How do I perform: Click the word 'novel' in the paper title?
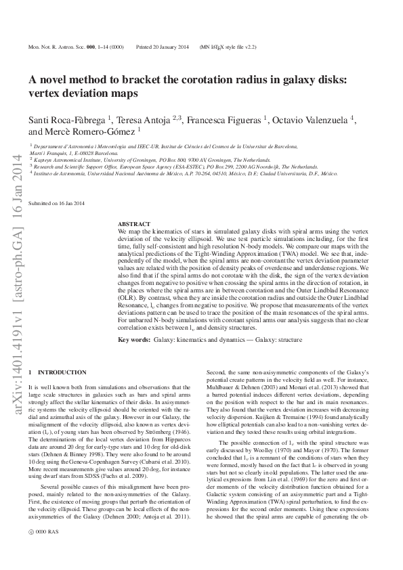60,79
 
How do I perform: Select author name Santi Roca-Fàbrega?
67,120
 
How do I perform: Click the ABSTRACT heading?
134,223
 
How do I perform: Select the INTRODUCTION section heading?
62,372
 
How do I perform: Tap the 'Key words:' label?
134,338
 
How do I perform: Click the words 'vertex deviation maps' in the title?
90,94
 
